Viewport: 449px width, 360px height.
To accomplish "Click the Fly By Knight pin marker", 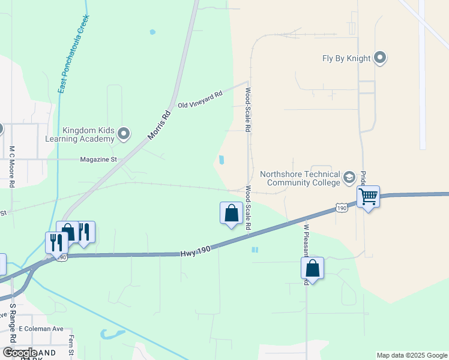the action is (380, 58).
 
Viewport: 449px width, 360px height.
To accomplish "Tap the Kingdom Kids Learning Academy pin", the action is (124, 133).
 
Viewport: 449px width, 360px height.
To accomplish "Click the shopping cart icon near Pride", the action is (368, 196).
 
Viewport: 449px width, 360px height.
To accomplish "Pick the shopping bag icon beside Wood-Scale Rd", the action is (232, 213).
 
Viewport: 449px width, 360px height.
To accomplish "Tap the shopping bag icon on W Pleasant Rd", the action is (312, 268).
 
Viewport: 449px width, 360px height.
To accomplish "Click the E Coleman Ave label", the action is (41, 329).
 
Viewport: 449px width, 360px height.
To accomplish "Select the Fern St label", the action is (71, 346).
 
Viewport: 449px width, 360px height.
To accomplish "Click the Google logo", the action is (20, 353).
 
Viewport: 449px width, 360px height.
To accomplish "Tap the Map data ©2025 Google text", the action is (411, 355).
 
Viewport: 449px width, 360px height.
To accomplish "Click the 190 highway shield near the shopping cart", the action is (341, 208).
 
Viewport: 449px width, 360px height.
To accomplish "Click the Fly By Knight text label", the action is (346, 59).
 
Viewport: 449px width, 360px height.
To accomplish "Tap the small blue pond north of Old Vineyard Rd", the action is (152, 32).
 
